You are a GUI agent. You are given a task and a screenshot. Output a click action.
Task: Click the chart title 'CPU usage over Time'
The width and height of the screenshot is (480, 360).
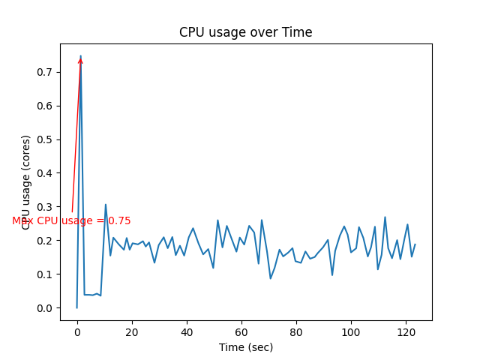(x=245, y=32)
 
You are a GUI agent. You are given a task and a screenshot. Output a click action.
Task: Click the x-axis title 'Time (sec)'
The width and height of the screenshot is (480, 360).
(x=245, y=347)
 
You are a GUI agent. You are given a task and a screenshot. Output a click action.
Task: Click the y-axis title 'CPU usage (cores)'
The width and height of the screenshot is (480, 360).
(x=26, y=181)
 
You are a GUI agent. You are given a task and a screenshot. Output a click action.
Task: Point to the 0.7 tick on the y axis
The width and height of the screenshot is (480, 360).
(x=46, y=72)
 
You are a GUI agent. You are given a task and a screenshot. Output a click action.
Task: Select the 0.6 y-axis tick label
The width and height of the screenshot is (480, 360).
(x=46, y=106)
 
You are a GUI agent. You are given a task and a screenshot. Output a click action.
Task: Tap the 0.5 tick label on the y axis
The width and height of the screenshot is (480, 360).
(x=46, y=139)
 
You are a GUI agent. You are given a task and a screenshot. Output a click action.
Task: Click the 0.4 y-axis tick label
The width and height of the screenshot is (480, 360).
(x=46, y=173)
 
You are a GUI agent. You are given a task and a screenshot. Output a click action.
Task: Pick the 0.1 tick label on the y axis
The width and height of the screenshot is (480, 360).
(x=46, y=274)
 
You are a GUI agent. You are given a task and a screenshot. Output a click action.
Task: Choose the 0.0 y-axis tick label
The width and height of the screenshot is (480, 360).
(x=46, y=308)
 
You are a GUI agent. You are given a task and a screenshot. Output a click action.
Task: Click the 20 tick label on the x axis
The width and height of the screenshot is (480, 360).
(x=132, y=331)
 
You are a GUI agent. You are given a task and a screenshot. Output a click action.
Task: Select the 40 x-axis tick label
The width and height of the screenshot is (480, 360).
(x=187, y=331)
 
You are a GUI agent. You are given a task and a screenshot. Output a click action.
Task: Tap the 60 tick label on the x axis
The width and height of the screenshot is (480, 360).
(x=241, y=331)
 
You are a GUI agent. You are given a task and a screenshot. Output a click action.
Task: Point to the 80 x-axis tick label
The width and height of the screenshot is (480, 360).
(x=296, y=331)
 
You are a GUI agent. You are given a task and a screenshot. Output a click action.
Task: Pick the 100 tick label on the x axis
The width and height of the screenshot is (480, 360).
(x=351, y=331)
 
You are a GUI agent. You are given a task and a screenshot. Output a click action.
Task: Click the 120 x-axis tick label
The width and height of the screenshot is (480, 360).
(x=406, y=331)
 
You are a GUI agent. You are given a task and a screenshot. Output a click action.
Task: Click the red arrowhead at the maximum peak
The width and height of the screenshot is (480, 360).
(x=80, y=60)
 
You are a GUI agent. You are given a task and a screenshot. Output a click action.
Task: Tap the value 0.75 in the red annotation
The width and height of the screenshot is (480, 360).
(x=119, y=221)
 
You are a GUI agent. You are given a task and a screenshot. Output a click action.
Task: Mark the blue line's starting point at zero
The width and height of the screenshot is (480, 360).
(x=76, y=307)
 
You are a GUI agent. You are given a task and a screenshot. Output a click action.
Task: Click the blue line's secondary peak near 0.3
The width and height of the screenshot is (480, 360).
(x=106, y=204)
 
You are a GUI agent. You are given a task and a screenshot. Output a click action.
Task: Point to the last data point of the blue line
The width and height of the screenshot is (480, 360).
(x=415, y=244)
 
